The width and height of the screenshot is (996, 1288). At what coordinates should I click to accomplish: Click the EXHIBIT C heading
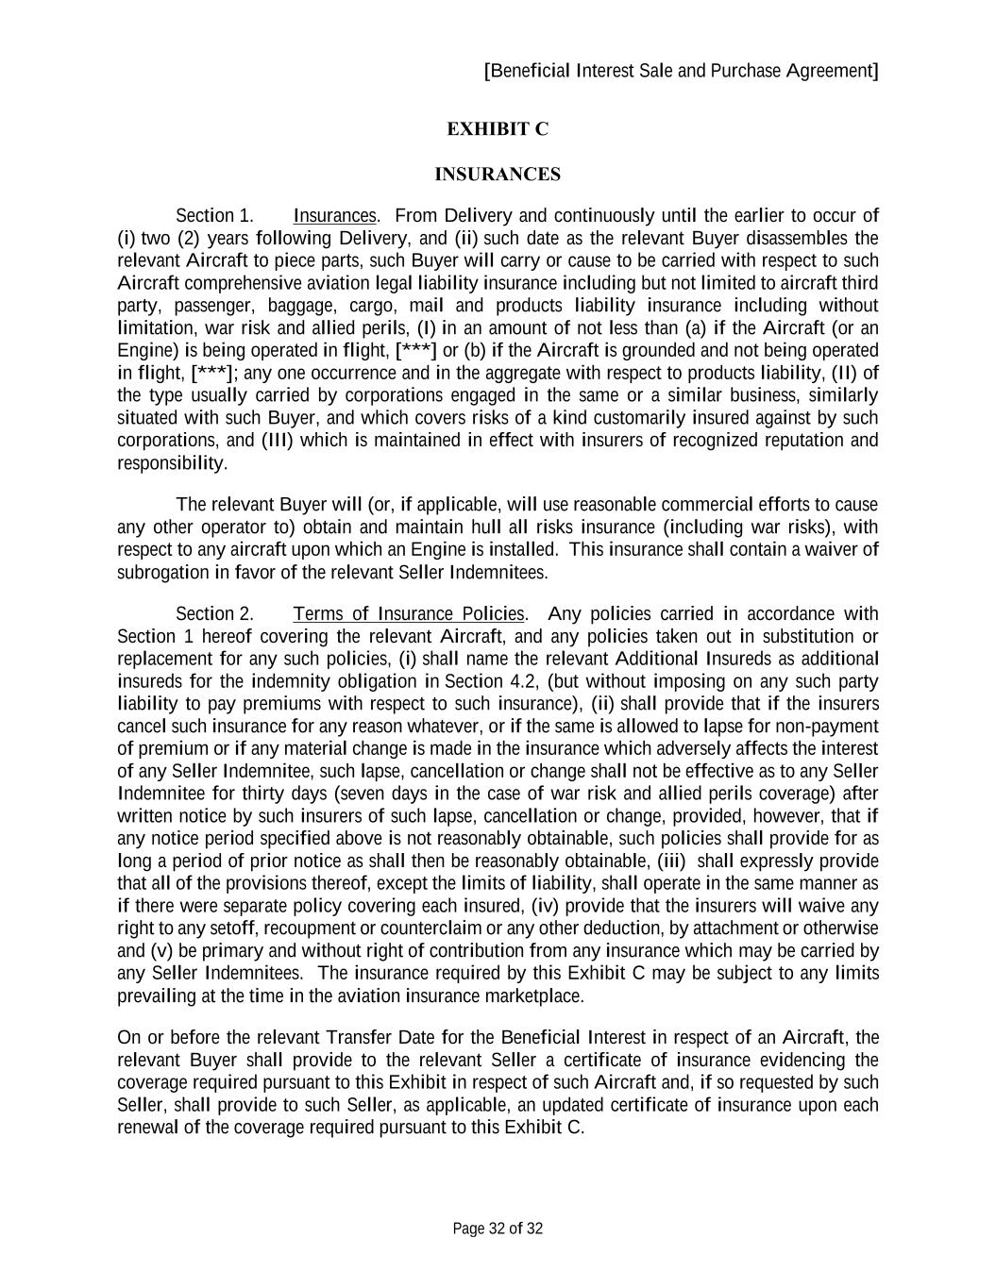(498, 129)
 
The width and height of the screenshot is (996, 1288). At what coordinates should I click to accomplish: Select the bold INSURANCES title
(498, 175)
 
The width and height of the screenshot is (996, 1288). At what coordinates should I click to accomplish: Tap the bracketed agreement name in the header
(681, 71)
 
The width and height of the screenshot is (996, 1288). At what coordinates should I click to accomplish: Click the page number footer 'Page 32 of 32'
(498, 1229)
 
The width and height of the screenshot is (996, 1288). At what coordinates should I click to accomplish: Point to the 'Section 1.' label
(214, 216)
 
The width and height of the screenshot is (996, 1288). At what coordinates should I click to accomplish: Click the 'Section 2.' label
(214, 614)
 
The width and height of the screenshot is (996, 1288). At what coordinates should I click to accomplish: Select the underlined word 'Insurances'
(335, 216)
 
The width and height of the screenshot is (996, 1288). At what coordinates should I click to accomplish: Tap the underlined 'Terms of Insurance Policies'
(409, 614)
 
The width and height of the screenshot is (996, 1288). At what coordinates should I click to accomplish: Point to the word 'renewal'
(147, 1128)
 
